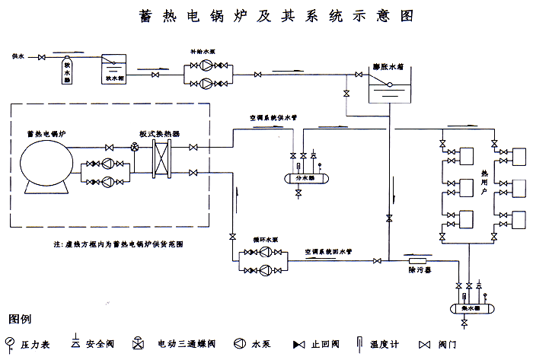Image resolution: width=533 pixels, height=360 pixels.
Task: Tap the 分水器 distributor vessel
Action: coord(305,178)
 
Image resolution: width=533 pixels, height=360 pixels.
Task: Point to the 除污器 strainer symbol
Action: coord(416,260)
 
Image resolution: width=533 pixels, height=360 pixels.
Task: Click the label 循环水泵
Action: coord(263,239)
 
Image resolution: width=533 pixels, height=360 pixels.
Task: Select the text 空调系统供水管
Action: coord(273,119)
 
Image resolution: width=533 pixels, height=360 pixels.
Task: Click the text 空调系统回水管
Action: coord(327,251)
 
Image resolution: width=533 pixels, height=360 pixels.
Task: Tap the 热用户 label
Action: coord(483,183)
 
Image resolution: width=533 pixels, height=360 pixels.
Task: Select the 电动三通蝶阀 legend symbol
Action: coord(138,343)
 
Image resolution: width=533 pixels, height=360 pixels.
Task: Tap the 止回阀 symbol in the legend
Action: coord(300,345)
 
